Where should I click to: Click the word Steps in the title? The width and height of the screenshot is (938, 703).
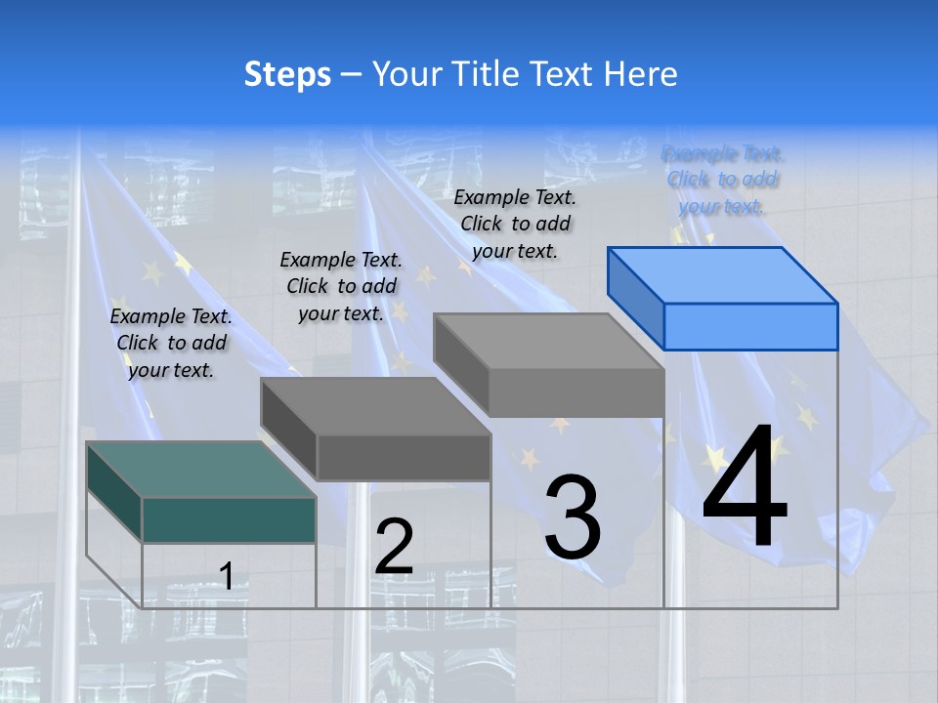click(287, 74)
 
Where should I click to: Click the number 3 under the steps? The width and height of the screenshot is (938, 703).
click(573, 517)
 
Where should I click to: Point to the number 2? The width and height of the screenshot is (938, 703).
click(394, 547)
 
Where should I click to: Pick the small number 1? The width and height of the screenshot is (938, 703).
click(226, 576)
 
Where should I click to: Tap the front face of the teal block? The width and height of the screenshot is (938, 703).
click(229, 519)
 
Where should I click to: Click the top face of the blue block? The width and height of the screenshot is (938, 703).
click(723, 274)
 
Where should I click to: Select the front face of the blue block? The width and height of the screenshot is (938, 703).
click(750, 326)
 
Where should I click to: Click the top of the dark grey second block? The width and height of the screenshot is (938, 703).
click(375, 405)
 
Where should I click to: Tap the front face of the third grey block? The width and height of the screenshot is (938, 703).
click(576, 393)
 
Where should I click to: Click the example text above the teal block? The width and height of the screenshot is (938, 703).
click(171, 343)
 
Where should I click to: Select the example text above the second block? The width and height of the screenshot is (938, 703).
click(341, 286)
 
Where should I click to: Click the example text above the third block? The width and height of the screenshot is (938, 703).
click(515, 224)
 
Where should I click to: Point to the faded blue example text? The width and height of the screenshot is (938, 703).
click(722, 180)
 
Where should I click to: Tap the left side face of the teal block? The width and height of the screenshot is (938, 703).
click(114, 491)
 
